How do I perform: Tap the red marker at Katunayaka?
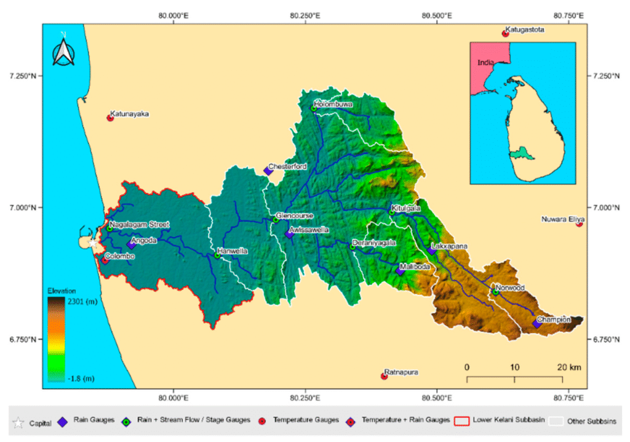(x=111, y=118)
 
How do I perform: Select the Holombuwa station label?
(x=333, y=105)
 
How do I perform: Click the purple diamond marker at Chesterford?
(x=268, y=171)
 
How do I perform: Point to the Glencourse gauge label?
(x=295, y=216)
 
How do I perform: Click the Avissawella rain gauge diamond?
(x=289, y=234)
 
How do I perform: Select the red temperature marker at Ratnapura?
(x=384, y=376)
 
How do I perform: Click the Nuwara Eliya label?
(x=562, y=219)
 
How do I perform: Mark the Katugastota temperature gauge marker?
(x=505, y=33)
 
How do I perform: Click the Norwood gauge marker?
(x=495, y=292)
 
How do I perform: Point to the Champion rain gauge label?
(x=553, y=319)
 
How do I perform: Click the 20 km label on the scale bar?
(x=567, y=368)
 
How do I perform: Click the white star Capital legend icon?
(x=18, y=422)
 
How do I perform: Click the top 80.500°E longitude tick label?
(x=437, y=14)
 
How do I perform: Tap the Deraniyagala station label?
(x=373, y=243)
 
